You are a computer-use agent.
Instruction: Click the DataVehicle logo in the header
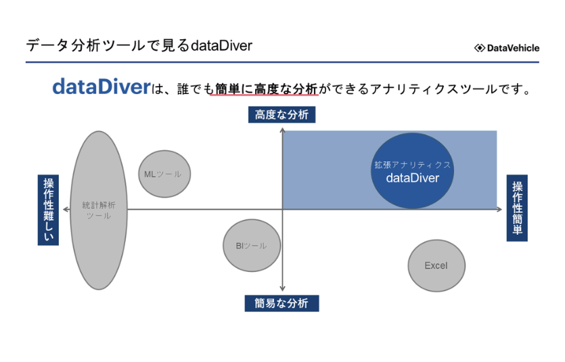[507, 47]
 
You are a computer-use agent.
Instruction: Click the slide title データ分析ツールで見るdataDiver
[139, 46]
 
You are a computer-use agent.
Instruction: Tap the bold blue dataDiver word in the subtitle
[101, 87]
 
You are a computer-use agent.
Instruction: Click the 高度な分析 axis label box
[281, 115]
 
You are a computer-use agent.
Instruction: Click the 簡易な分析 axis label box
[281, 302]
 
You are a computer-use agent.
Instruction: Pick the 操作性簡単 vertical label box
[517, 210]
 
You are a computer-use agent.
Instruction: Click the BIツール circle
[246, 246]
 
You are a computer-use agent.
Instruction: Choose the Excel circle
[436, 266]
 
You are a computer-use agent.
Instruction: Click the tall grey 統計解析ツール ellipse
[99, 210]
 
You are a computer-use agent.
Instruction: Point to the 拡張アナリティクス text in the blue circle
[413, 164]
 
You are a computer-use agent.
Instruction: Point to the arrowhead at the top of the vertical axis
[282, 128]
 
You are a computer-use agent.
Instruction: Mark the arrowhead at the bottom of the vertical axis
[282, 289]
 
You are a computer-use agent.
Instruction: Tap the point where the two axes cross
[282, 210]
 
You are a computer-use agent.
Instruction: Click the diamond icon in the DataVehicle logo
[480, 48]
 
